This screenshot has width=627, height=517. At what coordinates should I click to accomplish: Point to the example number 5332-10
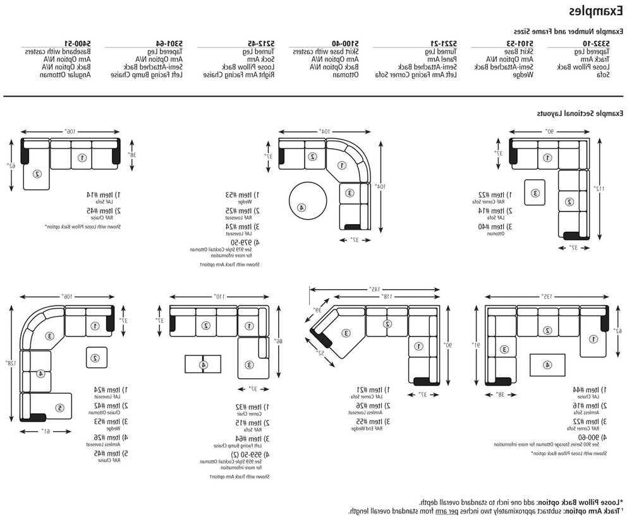tap(597, 42)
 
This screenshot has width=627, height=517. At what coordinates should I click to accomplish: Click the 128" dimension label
tap(9, 364)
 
